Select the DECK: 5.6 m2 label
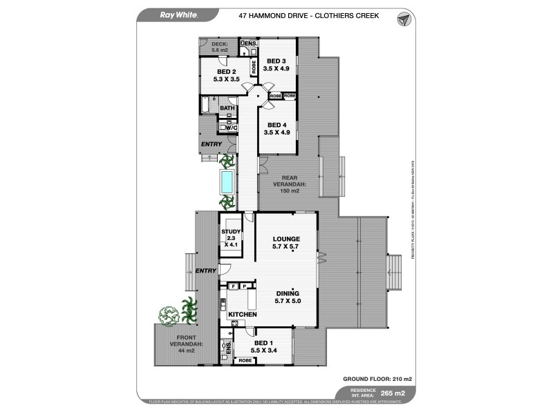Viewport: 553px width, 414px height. [219, 46]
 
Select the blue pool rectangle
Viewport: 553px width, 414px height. [227, 182]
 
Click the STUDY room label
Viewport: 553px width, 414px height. [230, 235]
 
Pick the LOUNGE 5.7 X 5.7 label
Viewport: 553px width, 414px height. [286, 242]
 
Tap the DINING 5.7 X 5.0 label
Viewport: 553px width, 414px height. [286, 296]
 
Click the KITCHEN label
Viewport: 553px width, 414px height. [243, 315]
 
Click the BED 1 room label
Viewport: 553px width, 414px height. [264, 346]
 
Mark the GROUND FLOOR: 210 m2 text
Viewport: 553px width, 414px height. [377, 379]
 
